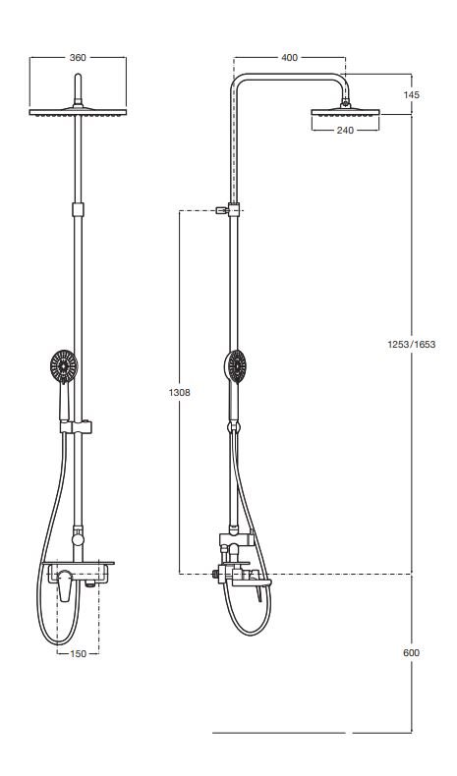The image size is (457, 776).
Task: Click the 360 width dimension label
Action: (78, 57)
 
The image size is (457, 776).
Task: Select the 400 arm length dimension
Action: (290, 57)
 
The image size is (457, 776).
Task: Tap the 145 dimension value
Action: (412, 94)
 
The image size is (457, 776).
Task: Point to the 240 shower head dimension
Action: (345, 131)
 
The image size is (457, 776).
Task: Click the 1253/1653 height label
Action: (412, 344)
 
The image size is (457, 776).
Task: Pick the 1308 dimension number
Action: (179, 393)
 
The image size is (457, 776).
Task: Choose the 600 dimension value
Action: (412, 653)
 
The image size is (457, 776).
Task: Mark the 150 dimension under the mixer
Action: (78, 654)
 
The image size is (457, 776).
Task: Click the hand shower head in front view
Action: (64, 366)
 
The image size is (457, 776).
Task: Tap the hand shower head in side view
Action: (235, 366)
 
